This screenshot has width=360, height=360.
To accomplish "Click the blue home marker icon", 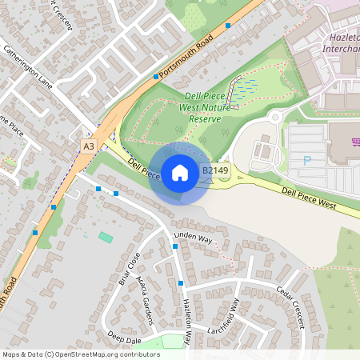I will (180, 172).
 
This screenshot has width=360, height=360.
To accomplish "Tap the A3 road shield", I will (88, 146).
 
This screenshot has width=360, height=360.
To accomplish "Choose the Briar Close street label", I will (128, 268).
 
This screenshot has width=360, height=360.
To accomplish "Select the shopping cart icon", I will (355, 142).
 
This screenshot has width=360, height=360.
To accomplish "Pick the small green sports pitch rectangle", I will (106, 236).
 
